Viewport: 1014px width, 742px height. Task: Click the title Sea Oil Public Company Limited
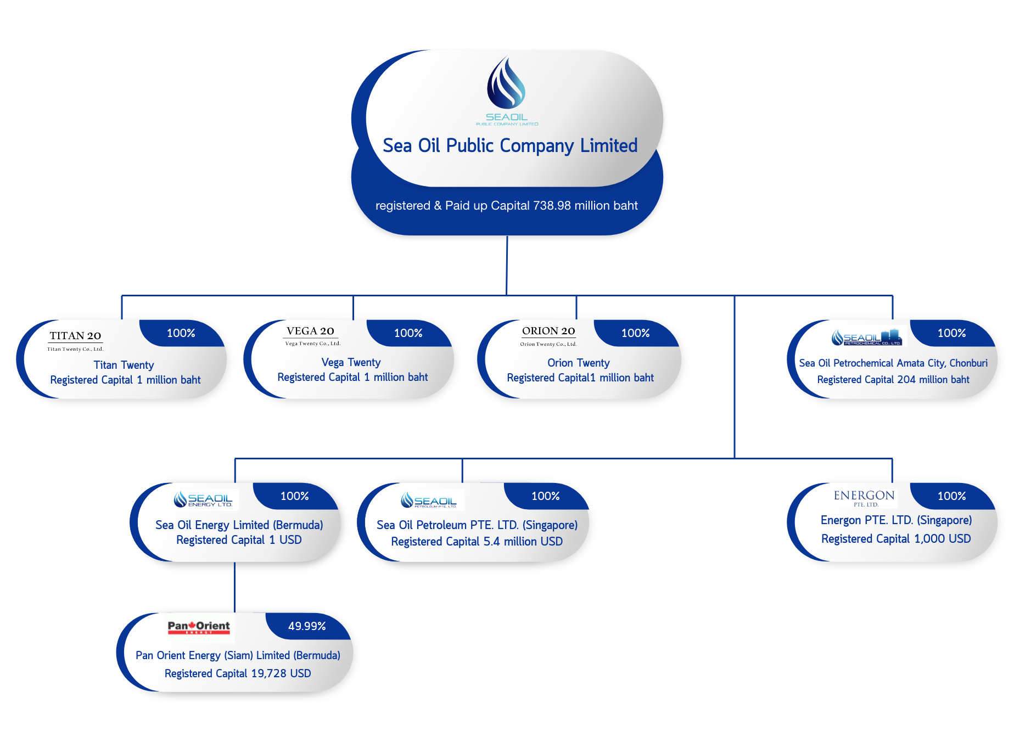coord(510,146)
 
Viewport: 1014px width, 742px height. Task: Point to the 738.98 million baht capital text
coord(506,206)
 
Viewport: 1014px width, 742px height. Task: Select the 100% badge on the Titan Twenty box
coord(181,333)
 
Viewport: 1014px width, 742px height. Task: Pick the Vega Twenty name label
coord(351,362)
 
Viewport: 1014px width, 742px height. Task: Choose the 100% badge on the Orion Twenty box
coord(635,333)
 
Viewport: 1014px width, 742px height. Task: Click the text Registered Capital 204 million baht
coord(893,380)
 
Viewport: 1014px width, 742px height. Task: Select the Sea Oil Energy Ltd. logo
coord(203,499)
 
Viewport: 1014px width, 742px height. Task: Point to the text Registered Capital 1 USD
coord(239,540)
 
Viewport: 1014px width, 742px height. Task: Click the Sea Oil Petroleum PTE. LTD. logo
coord(429,501)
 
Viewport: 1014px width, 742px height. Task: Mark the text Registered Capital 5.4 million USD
coord(477,542)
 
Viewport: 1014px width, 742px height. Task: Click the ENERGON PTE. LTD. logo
coord(864,497)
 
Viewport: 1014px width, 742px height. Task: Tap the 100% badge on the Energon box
coord(951,496)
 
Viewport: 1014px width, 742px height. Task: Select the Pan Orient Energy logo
coord(199,627)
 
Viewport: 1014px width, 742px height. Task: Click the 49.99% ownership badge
coord(307,626)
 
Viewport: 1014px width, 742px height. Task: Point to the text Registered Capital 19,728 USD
coord(238,673)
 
